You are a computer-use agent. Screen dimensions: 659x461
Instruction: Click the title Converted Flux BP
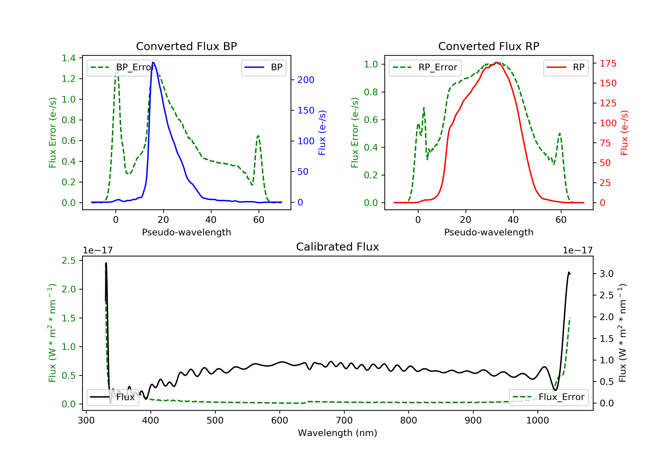[186, 46]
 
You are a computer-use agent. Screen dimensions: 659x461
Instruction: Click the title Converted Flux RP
[489, 46]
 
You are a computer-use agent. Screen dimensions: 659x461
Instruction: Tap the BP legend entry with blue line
[263, 67]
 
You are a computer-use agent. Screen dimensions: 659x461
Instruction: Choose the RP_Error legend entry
[425, 67]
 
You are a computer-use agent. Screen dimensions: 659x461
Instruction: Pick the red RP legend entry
[566, 67]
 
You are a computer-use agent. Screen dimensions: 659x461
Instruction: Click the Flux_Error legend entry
[549, 397]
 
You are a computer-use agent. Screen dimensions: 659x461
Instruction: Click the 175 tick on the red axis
[608, 63]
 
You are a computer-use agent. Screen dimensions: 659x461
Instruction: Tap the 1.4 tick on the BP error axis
[69, 58]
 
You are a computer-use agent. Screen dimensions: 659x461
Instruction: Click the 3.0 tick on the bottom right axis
[606, 274]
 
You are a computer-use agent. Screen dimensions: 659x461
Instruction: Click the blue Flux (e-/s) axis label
[322, 133]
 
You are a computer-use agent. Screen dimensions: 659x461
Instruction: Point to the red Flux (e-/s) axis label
[624, 133]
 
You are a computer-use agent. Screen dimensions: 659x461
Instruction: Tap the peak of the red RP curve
[496, 62]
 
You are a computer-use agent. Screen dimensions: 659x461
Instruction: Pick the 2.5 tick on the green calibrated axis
[69, 261]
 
